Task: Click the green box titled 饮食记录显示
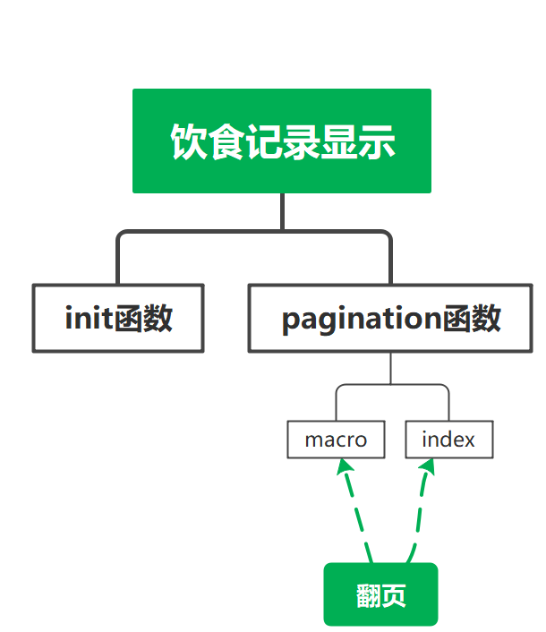[282, 141]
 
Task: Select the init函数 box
[118, 318]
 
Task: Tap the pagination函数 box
[391, 318]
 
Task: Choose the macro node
[336, 440]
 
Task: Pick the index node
[448, 440]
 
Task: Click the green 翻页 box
[380, 594]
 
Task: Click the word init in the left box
[89, 318]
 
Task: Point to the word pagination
[362, 319]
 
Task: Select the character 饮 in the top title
[187, 141]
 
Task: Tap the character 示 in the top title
[378, 141]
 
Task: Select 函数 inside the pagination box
[472, 318]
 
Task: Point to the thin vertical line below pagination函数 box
[391, 368]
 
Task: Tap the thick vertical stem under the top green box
[282, 211]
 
